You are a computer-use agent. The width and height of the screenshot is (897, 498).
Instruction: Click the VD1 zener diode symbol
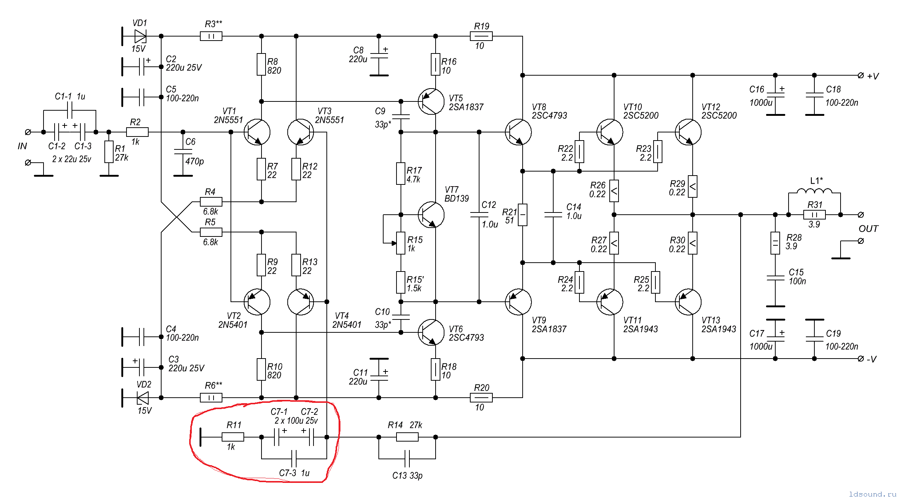click(141, 36)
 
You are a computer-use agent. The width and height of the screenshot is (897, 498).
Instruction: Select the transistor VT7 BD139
click(431, 215)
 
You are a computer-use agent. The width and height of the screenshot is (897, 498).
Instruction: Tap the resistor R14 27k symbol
click(407, 437)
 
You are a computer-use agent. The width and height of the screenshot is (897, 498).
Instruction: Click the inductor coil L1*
click(814, 191)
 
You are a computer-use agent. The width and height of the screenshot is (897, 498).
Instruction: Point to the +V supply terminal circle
click(861, 75)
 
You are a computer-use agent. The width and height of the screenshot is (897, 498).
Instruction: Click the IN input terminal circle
click(28, 132)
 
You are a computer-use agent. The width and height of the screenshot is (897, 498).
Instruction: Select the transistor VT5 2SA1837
click(431, 101)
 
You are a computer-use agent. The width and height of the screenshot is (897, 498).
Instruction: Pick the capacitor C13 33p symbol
click(407, 459)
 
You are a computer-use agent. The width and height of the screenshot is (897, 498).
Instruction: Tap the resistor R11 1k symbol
click(233, 437)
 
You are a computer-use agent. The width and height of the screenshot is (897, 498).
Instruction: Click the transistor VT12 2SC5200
click(688, 132)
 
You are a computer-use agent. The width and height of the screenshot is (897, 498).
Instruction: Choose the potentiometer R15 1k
click(401, 243)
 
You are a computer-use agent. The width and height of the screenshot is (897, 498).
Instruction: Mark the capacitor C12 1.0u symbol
click(479, 215)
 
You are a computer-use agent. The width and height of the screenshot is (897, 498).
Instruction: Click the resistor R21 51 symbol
click(523, 215)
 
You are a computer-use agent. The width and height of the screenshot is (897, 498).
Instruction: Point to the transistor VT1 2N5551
click(257, 132)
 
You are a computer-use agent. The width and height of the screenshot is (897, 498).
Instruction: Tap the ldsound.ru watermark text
click(872, 494)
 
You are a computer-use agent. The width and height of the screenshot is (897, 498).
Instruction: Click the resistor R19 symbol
click(481, 36)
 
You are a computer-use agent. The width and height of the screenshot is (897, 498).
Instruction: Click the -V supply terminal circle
click(861, 359)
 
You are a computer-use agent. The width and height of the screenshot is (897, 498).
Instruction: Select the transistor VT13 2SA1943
click(688, 302)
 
